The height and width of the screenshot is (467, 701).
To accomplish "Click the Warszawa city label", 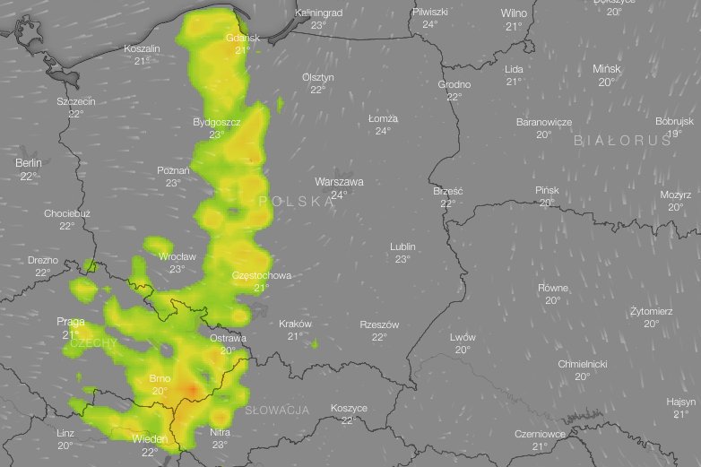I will point(339,181).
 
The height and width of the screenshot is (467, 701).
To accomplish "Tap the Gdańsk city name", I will point(243,38).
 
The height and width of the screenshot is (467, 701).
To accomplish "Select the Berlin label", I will point(29,163).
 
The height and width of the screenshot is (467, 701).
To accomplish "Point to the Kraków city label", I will point(295,324).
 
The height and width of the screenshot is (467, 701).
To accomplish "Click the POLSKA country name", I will point(296,203).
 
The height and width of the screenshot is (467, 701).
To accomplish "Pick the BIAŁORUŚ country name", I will point(622,141).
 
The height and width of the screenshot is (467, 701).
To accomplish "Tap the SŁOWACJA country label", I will point(277,410).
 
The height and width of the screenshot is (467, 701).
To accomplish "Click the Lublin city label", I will point(402,246).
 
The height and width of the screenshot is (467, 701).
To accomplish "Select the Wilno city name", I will point(514,13).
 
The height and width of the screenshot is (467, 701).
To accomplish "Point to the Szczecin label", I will point(76,101).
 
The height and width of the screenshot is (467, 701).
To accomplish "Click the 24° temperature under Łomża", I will point(383,131).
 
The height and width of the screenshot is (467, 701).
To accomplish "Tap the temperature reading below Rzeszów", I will point(379,337).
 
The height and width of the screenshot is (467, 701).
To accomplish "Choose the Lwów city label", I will point(463,337).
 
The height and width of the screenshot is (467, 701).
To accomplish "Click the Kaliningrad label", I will point(319,13).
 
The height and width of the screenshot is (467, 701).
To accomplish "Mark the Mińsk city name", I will point(606,69).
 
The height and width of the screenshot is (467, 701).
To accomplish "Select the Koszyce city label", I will point(349,408).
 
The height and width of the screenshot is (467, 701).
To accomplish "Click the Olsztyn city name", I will point(318,77).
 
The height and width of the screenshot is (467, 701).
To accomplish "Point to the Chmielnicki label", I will point(583,364).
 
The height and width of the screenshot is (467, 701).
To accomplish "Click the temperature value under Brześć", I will point(447,203).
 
